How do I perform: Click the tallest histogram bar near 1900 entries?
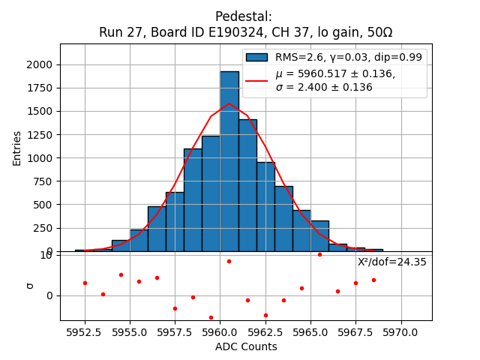click(229, 161)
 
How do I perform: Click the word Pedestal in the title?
click(243, 16)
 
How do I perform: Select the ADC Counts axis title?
click(246, 346)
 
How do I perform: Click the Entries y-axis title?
click(17, 147)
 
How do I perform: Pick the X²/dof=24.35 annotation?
click(391, 262)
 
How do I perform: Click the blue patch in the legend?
click(256, 57)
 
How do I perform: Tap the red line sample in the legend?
click(256, 80)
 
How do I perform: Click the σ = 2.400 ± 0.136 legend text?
click(324, 87)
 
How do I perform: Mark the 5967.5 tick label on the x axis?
click(355, 331)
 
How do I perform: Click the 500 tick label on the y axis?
click(44, 205)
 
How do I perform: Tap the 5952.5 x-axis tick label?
click(85, 331)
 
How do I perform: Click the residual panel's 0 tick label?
click(50, 295)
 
